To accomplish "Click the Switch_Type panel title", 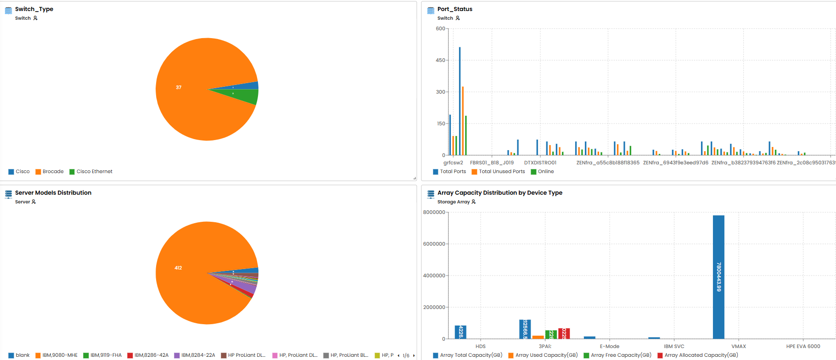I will click(34, 9).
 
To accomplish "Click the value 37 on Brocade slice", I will click(179, 87).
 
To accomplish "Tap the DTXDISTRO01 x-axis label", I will click(540, 163).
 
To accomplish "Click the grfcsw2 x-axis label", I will click(453, 163).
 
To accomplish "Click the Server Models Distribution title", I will click(53, 193).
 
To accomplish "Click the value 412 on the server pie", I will click(178, 268).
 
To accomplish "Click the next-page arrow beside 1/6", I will click(414, 355).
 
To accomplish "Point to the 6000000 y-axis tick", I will click(434, 244).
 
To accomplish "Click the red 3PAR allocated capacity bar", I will click(564, 334).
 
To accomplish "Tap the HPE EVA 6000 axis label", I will click(803, 347).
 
